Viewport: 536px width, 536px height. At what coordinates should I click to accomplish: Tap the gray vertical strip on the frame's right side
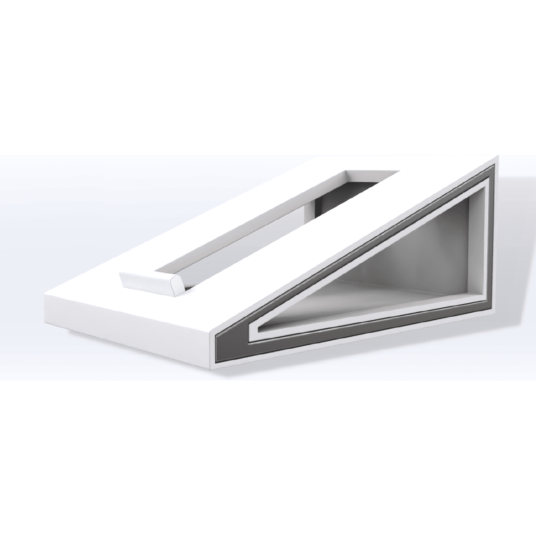(490, 241)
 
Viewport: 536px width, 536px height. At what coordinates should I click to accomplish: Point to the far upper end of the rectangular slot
(373, 172)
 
